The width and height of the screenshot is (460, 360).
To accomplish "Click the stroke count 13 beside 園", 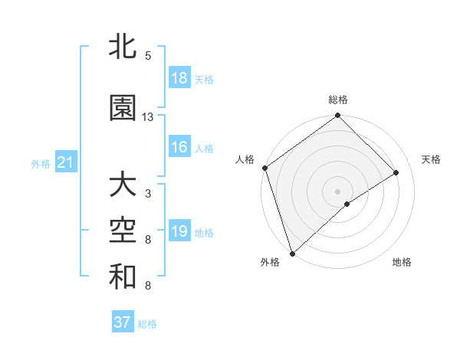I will pyautogui.click(x=148, y=117).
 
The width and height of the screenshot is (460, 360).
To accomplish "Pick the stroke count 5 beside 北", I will pyautogui.click(x=148, y=56).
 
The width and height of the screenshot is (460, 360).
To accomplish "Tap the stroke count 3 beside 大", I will pyautogui.click(x=148, y=194).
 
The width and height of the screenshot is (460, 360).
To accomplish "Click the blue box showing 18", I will pyautogui.click(x=179, y=78).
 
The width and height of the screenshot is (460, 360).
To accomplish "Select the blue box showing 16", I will pyautogui.click(x=179, y=147).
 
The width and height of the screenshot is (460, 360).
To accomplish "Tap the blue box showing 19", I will pyautogui.click(x=179, y=231).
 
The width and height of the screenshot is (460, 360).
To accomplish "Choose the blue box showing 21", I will pyautogui.click(x=65, y=162).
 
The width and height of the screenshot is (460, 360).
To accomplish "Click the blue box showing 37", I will pyautogui.click(x=123, y=322).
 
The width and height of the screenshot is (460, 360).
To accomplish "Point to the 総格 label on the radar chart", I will pyautogui.click(x=338, y=100).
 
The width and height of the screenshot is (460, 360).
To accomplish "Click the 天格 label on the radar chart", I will pyautogui.click(x=431, y=159).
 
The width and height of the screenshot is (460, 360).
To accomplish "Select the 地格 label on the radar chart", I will pyautogui.click(x=402, y=262).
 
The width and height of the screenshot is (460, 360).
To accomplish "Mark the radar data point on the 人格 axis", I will pyautogui.click(x=264, y=168).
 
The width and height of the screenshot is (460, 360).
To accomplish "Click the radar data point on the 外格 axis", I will pyautogui.click(x=291, y=253).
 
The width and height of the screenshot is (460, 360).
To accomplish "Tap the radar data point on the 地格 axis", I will pyautogui.click(x=347, y=204).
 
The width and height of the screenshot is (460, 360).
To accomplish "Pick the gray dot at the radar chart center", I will pyautogui.click(x=337, y=191).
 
